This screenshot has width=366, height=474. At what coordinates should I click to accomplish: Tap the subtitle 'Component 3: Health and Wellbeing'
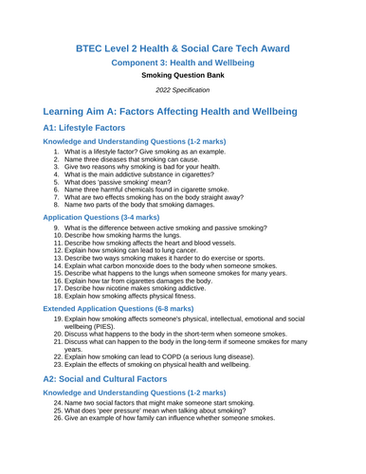(183, 67)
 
